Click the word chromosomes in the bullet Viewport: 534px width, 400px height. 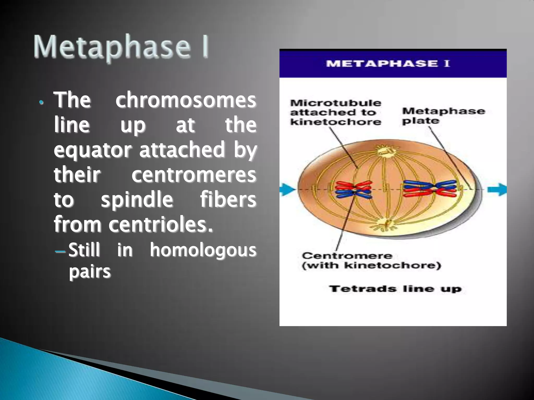(186, 101)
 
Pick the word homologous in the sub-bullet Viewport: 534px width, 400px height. (203, 250)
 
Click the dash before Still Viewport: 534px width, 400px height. (60, 252)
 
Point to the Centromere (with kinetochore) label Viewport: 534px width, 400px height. (371, 261)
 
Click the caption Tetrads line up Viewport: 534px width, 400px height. (395, 289)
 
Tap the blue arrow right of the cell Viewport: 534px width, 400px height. (497, 189)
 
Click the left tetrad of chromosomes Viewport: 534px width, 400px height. (353, 190)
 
